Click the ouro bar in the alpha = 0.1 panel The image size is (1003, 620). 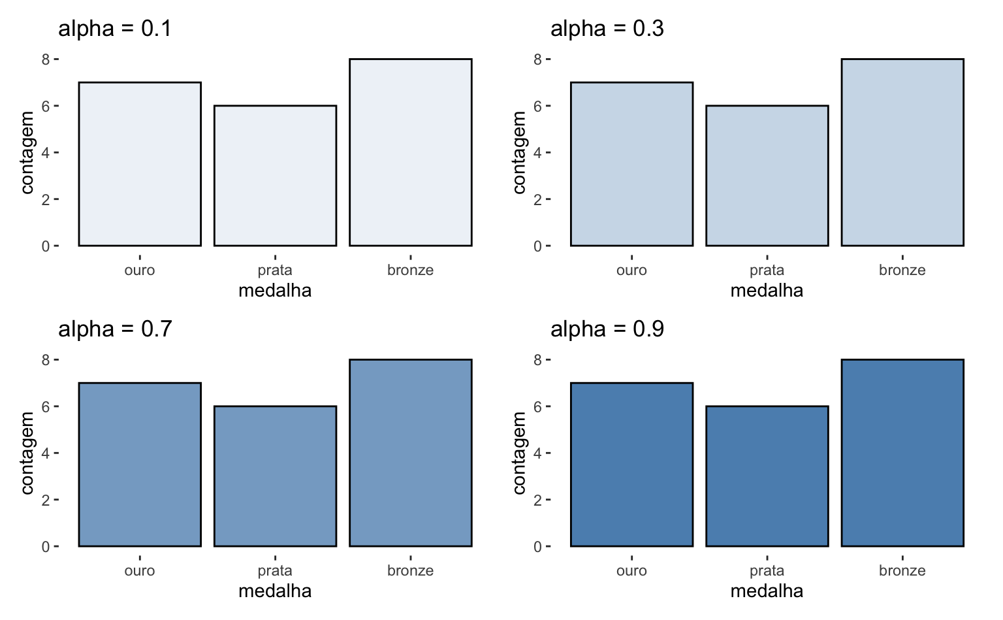(140, 164)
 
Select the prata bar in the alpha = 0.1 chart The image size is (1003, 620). (275, 176)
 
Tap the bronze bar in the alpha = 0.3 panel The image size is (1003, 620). (902, 152)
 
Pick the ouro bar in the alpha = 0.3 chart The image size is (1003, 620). (631, 164)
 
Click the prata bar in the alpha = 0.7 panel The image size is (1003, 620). (275, 476)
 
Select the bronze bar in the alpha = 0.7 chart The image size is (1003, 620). (410, 453)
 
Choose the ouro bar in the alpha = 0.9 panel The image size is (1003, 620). (631, 465)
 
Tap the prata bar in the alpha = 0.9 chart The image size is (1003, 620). (767, 476)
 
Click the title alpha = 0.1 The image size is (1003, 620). (115, 29)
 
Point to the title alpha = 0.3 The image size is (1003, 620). (607, 29)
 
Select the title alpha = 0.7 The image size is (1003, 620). (115, 329)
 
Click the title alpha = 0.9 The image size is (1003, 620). (607, 329)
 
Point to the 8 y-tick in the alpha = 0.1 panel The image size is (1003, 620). (46, 59)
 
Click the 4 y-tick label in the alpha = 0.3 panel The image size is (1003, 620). (537, 153)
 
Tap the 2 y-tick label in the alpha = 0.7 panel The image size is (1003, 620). (46, 500)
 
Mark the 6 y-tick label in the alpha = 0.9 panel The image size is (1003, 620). (537, 406)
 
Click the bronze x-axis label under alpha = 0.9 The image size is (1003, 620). (902, 571)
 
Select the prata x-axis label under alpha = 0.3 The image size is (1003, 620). (767, 270)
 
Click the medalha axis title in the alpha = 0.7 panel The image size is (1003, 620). (275, 591)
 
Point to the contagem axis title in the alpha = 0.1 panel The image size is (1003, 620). (27, 153)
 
